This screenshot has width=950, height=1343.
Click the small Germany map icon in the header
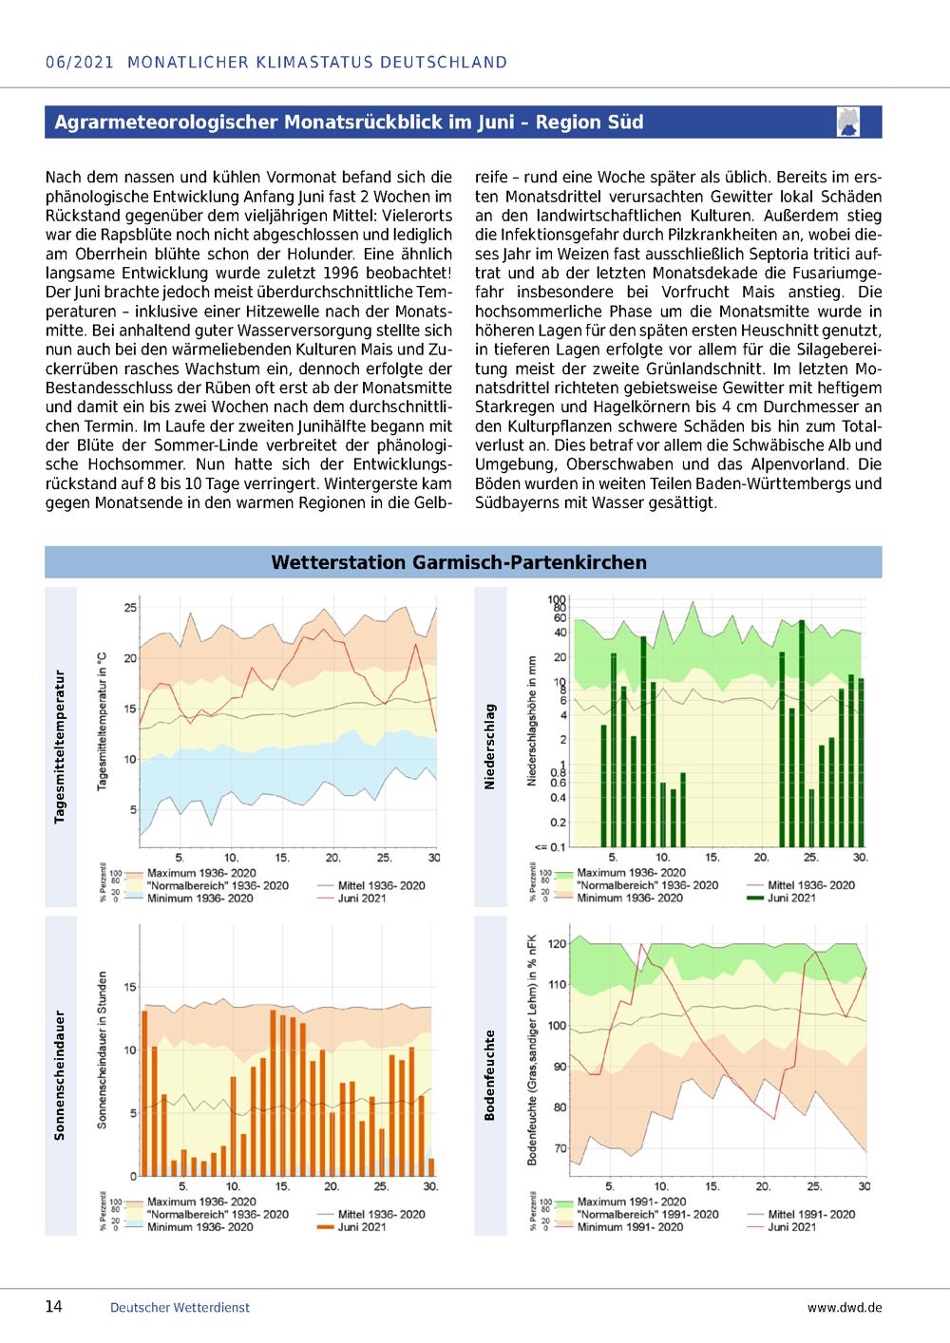(848, 122)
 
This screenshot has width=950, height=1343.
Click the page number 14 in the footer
(54, 1306)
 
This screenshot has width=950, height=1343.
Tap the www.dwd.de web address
(845, 1308)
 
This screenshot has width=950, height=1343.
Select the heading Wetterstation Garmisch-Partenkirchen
(459, 562)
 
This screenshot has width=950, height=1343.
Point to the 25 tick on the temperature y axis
(130, 607)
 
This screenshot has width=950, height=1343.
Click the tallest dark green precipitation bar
(802, 733)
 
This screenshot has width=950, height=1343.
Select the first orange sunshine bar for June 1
(144, 1093)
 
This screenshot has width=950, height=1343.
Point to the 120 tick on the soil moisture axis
(558, 944)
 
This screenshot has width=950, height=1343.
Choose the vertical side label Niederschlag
(490, 747)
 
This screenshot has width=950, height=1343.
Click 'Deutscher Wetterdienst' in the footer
(180, 1308)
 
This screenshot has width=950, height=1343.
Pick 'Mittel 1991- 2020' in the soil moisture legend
(811, 1214)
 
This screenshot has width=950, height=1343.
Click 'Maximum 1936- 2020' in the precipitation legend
(631, 873)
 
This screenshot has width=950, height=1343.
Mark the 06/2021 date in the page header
(80, 63)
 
